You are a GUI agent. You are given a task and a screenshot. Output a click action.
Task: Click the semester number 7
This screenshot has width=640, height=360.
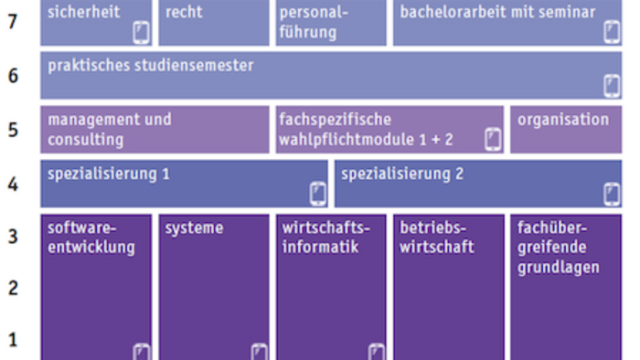coord(12,21)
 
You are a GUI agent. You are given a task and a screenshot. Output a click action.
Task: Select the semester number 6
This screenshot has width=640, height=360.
coord(12,76)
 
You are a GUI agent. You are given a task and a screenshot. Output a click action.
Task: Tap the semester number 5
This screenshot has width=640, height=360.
coord(12,129)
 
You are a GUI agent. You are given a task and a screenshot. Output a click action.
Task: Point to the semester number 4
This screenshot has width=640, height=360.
coord(12,184)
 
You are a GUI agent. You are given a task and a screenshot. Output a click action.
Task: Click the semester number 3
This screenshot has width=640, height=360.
coord(12,237)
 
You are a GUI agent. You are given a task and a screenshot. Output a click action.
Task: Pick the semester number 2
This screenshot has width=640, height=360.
coord(12,288)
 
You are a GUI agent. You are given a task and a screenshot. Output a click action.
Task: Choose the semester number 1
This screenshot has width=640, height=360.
coord(12,340)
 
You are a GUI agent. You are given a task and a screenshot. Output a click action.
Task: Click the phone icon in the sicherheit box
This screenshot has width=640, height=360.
coord(141,33)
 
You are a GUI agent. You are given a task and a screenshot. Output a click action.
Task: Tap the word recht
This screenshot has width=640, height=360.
coord(184,13)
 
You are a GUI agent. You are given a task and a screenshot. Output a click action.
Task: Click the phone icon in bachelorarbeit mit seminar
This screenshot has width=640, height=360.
coord(612,33)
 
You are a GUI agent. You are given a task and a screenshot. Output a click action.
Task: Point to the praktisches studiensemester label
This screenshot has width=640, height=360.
coord(151,66)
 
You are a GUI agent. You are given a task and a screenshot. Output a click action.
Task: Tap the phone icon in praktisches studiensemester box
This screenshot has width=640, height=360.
coord(612,86)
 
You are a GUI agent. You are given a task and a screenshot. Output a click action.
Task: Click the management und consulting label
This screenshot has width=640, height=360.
coord(109,130)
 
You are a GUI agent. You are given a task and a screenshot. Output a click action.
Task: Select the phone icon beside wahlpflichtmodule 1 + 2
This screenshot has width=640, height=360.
coord(493,139)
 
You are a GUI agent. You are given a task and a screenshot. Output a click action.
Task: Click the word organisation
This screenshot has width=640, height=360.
coord(563,120)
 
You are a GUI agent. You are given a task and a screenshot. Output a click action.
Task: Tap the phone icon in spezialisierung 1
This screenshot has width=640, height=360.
coord(317,193)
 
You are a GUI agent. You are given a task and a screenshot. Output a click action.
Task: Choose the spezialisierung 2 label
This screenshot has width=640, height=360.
coord(396,174)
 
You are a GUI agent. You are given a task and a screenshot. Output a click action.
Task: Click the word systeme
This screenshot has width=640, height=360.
coord(194,228)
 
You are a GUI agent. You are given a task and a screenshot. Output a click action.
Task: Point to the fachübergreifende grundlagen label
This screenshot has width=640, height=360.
coord(558,247)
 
